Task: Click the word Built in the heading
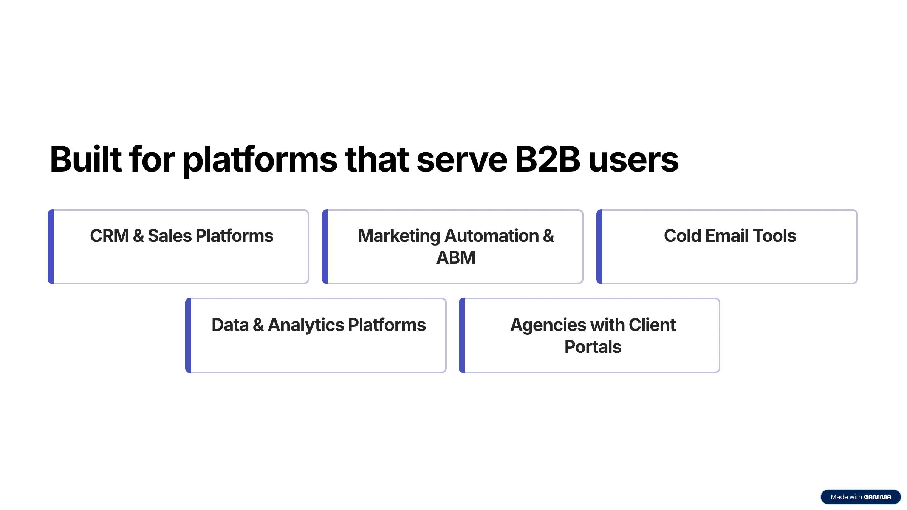(86, 159)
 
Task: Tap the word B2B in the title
(548, 159)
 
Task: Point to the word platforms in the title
(260, 161)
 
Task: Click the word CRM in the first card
(110, 236)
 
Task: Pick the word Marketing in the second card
(399, 237)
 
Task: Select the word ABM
(456, 258)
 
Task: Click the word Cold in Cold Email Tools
(683, 236)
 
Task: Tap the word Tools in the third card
(774, 236)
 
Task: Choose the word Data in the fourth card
(230, 325)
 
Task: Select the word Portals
(593, 347)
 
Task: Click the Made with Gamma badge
(861, 497)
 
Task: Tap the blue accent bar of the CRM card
(51, 247)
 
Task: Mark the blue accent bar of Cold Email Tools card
(599, 247)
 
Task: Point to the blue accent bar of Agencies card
(462, 335)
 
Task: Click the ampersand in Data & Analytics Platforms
(258, 325)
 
